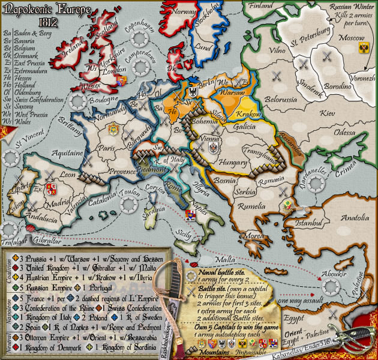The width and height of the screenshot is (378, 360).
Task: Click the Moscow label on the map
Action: click(x=345, y=37)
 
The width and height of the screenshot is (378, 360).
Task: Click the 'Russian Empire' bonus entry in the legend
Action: click(x=44, y=286)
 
